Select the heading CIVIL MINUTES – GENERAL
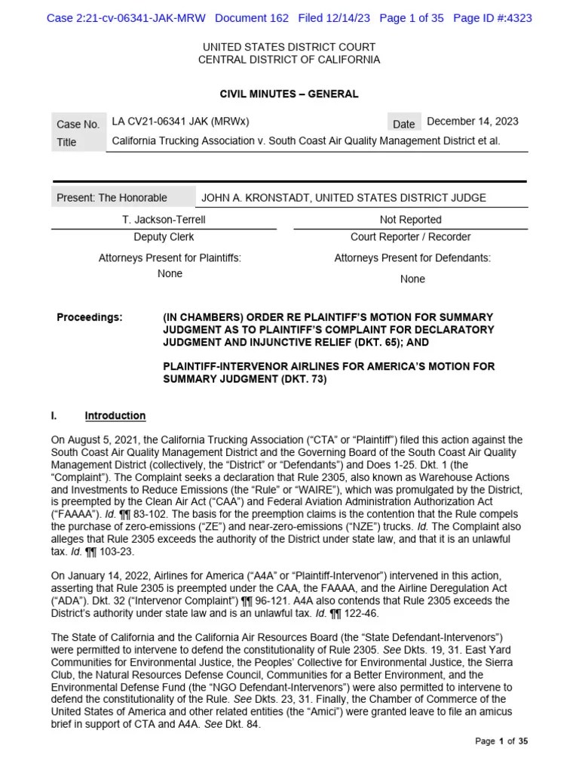[x=289, y=94]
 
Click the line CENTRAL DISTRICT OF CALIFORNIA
[x=289, y=60]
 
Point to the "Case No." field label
[x=78, y=125]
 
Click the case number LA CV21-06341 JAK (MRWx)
[x=180, y=122]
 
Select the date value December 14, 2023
[x=473, y=122]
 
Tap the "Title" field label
[x=66, y=143]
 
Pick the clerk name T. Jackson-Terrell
[x=164, y=220]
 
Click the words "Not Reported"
[x=411, y=220]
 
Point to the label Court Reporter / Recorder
[x=411, y=237]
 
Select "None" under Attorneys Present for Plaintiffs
[x=170, y=274]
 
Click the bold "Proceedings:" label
[x=89, y=318]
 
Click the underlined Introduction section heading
[x=115, y=416]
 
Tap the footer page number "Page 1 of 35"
[x=501, y=742]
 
